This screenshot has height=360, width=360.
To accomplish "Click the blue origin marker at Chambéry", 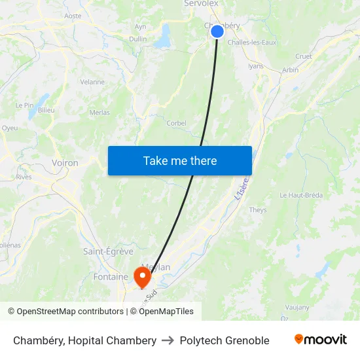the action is (217, 31).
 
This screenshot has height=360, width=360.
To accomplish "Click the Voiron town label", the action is (65, 163).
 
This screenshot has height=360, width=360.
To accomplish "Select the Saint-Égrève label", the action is (108, 251).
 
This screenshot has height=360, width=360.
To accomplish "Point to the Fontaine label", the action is (111, 277).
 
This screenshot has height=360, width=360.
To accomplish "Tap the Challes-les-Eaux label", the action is (251, 43).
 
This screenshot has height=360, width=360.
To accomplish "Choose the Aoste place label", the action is (73, 16).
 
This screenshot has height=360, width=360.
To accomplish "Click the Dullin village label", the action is (138, 39).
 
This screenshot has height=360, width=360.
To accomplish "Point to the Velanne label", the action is (92, 82).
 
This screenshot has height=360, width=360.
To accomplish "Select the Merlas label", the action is (99, 113).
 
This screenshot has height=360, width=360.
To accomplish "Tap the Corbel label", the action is (177, 123).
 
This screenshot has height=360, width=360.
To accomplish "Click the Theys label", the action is (258, 210).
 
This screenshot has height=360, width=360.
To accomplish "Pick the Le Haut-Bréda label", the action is (302, 195).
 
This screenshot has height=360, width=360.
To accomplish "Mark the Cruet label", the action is (304, 56).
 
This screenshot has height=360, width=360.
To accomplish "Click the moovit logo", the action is (321, 340).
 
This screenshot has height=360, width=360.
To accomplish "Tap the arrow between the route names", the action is (168, 340).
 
